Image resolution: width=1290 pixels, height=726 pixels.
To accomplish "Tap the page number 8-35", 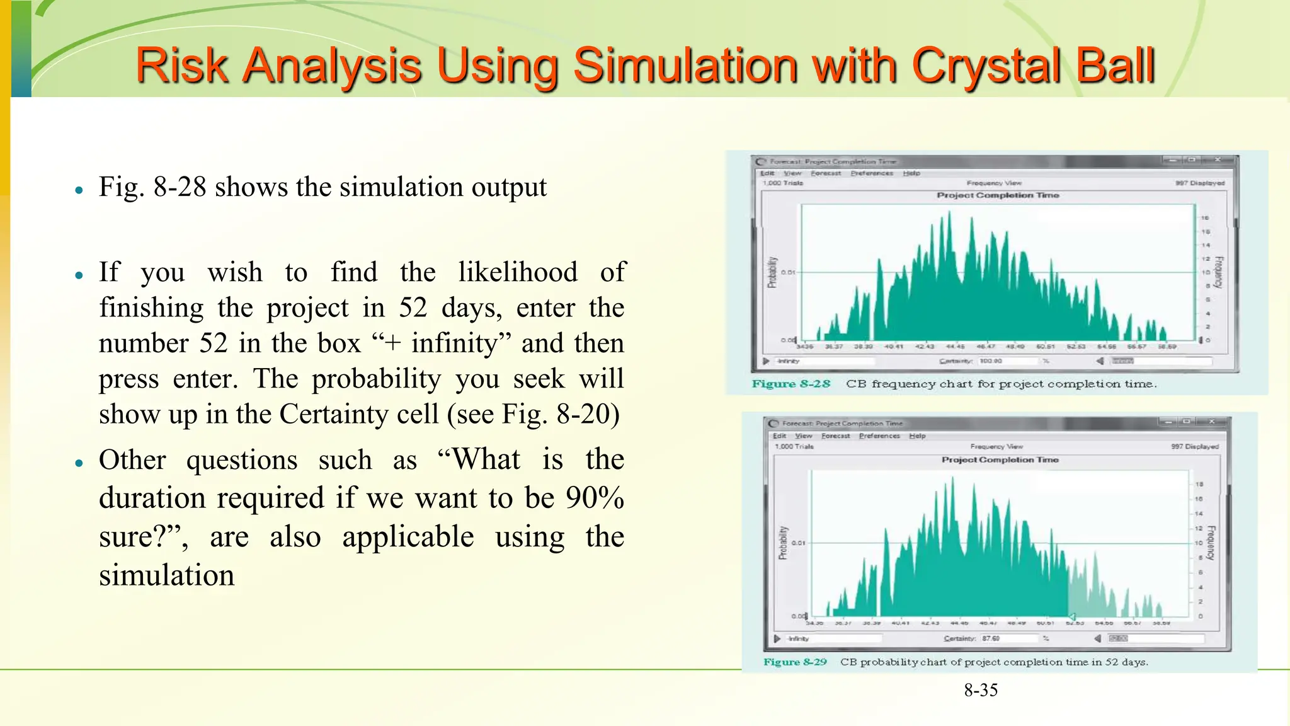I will pyautogui.click(x=981, y=690).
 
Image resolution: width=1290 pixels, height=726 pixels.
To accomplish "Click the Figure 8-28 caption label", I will pyautogui.click(x=791, y=384).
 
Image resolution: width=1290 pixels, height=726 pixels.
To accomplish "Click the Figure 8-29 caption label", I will pyautogui.click(x=795, y=662).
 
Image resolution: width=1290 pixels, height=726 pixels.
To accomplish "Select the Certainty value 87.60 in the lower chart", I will pyautogui.click(x=991, y=638).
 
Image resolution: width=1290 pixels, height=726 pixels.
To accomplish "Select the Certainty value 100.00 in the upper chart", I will pyautogui.click(x=991, y=361).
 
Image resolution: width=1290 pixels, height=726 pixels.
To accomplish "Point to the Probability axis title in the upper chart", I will pyautogui.click(x=772, y=272).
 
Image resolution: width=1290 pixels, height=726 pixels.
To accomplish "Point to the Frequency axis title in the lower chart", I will pyautogui.click(x=1212, y=543).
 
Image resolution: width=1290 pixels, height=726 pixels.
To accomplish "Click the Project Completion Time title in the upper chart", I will pyautogui.click(x=998, y=195).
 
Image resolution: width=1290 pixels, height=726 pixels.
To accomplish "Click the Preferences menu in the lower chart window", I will pyautogui.click(x=879, y=435).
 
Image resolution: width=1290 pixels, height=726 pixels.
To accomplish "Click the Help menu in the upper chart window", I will pyautogui.click(x=911, y=173).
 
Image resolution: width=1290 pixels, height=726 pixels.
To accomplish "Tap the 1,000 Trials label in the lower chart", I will pyautogui.click(x=794, y=446).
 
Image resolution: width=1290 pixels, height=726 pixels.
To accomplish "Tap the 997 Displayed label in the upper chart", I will pyautogui.click(x=1199, y=183).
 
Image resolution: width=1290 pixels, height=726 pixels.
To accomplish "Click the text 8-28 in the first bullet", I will pyautogui.click(x=180, y=187).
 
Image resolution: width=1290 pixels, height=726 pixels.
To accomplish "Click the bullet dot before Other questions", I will pyautogui.click(x=79, y=463).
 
